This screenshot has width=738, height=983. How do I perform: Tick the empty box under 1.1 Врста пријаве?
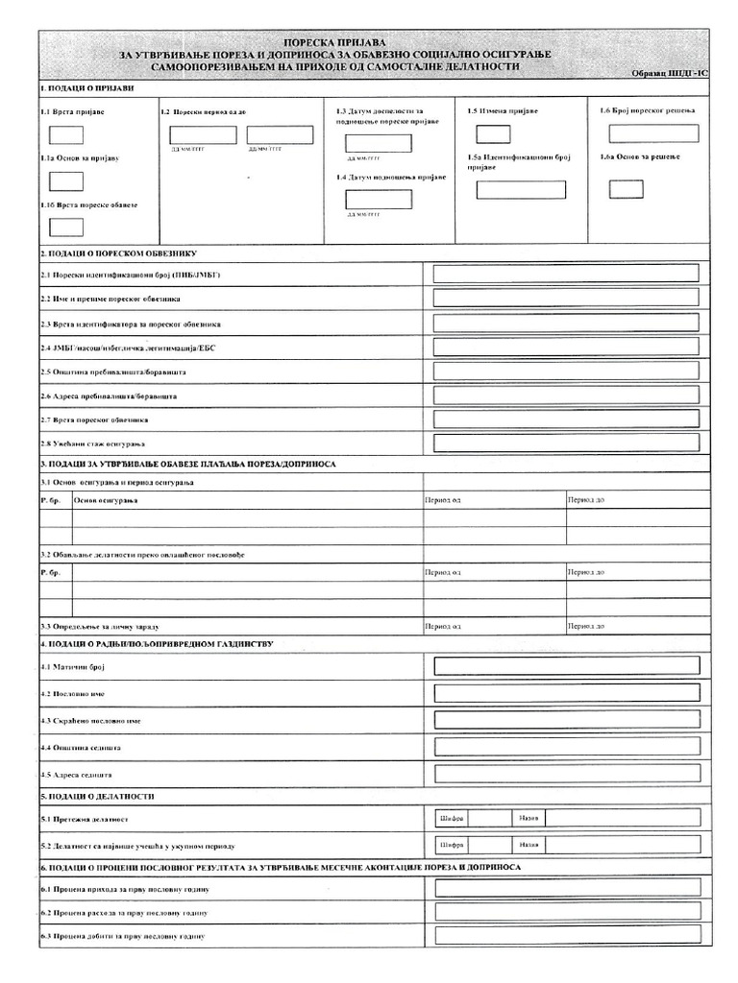(x=65, y=135)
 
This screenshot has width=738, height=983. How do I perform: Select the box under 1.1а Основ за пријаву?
(x=65, y=181)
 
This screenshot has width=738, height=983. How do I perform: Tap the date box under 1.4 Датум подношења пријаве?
(x=378, y=200)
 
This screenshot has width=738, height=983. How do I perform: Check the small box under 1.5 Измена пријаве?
(x=493, y=133)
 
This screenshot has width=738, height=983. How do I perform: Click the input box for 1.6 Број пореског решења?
(x=653, y=133)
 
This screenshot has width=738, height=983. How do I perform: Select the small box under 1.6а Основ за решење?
(x=626, y=188)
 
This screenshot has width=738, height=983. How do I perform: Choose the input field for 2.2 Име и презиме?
(x=565, y=299)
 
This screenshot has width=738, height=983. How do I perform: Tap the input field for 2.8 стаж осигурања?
(x=565, y=443)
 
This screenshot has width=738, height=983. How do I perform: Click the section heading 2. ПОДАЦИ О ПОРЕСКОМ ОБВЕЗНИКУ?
(x=118, y=253)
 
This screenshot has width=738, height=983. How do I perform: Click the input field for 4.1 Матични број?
(x=566, y=666)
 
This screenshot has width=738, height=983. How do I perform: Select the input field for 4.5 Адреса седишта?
(x=566, y=773)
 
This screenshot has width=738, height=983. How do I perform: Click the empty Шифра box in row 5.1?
(x=489, y=818)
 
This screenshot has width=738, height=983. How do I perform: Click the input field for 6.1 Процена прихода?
(x=566, y=888)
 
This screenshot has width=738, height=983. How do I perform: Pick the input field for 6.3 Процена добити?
(x=566, y=936)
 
